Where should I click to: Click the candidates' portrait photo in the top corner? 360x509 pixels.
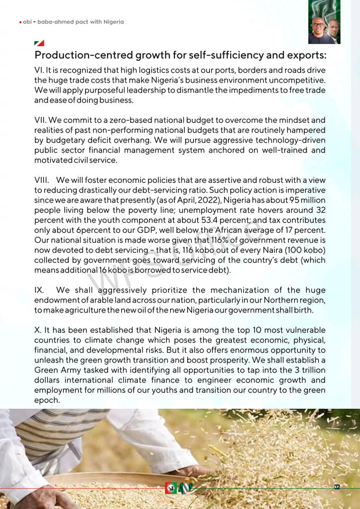click(x=324, y=22)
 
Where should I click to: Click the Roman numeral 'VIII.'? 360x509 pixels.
click(x=43, y=180)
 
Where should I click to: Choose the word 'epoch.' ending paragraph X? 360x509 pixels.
click(x=46, y=400)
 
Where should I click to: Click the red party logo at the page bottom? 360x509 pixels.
click(x=170, y=488)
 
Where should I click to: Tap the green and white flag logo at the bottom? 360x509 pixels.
click(x=186, y=488)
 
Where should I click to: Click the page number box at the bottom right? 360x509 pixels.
click(x=337, y=487)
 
